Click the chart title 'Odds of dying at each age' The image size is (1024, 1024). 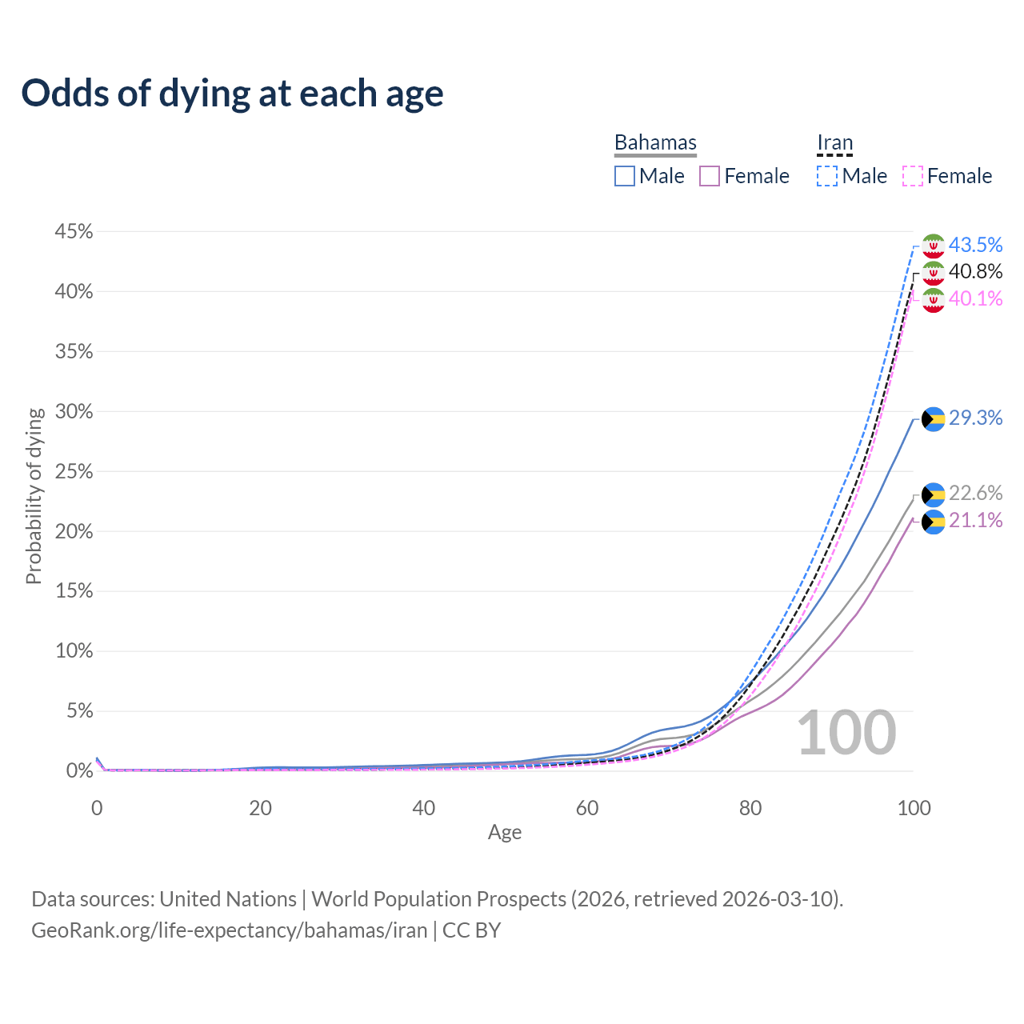pos(232,94)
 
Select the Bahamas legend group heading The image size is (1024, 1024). pos(655,142)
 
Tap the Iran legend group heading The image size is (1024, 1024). pos(834,143)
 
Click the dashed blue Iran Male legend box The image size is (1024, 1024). pos(827,176)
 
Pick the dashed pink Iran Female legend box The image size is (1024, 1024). pos(913,176)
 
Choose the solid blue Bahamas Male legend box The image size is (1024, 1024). pos(625,176)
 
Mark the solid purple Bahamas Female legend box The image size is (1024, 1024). pos(710,176)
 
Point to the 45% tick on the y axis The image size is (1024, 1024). pos(74,232)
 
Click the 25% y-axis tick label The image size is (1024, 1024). pos(74,472)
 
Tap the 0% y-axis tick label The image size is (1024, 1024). pos(79,771)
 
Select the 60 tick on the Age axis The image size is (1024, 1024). pos(587,808)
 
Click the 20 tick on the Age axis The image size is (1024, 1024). pos(260,808)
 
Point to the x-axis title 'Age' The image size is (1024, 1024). pos(505,832)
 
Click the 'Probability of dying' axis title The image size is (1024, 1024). pos(34,496)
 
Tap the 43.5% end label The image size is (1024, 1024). pos(975,245)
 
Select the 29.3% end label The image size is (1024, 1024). pos(975,418)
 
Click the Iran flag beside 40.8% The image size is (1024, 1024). pos(934,273)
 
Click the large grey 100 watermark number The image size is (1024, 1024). pos(846,733)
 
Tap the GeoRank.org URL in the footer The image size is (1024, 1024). pos(229,930)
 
